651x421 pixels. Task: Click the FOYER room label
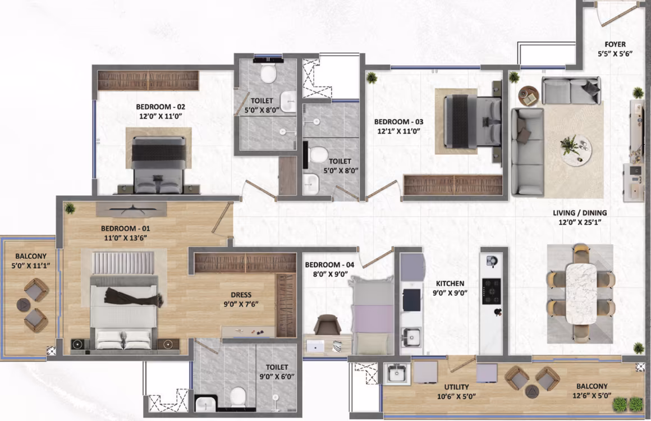[615, 44]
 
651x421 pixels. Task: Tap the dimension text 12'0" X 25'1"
[580, 222]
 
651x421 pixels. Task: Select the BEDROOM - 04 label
[329, 265]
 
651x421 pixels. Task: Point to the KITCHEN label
[450, 283]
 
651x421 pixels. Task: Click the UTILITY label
[456, 387]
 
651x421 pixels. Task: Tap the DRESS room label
[241, 295]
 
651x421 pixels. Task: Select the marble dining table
[581, 293]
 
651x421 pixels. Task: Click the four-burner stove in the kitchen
[491, 291]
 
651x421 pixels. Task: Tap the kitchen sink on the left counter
[411, 337]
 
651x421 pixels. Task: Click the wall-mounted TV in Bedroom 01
[131, 209]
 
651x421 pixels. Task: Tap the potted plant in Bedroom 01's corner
[70, 208]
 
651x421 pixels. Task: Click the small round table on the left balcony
[24, 305]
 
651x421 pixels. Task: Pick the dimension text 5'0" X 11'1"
[31, 266]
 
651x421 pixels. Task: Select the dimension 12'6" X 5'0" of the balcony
[592, 396]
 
